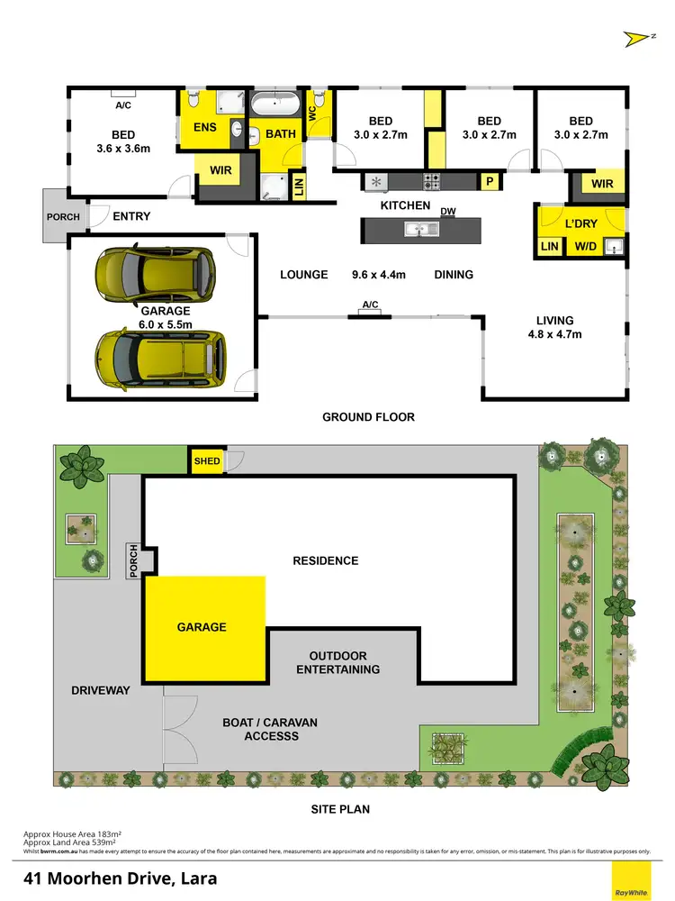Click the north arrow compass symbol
coord(635,38)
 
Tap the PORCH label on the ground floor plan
coord(63,216)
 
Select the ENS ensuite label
coord(205,127)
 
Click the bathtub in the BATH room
coord(274,105)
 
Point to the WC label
coord(311,114)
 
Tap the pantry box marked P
coord(490,181)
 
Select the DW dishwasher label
coord(447,212)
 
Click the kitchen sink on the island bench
coord(421,231)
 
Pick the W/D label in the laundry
coord(585,245)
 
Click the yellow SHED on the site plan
coord(206,460)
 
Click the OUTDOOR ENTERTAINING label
coord(344,662)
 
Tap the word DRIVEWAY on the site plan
coord(101,690)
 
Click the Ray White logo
coord(631,879)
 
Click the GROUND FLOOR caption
coord(368,417)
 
